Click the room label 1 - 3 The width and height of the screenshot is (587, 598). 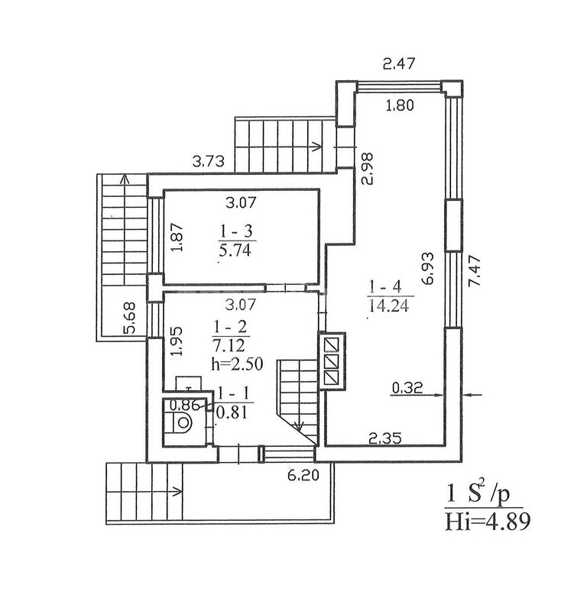click(x=236, y=231)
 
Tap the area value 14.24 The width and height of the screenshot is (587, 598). click(x=389, y=305)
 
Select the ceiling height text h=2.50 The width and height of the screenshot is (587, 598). click(x=237, y=364)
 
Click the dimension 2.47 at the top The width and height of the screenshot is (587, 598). click(x=399, y=63)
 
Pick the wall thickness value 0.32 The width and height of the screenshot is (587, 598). click(x=407, y=388)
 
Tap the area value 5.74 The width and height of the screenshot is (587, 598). click(x=235, y=251)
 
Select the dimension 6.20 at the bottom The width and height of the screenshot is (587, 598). click(x=303, y=475)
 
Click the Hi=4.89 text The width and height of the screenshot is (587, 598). click(x=488, y=522)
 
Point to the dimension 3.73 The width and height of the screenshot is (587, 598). click(x=209, y=162)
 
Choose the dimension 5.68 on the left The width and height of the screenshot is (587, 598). click(x=130, y=318)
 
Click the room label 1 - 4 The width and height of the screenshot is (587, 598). click(x=386, y=286)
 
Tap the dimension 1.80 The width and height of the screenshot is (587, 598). click(x=400, y=105)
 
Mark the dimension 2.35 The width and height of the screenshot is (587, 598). click(x=385, y=438)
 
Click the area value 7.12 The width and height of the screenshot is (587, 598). click(x=229, y=346)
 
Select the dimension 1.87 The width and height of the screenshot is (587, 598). click(x=177, y=237)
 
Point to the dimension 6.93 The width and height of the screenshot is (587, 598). click(x=428, y=268)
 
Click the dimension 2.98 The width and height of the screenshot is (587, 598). click(x=367, y=169)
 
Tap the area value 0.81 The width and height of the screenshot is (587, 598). click(x=232, y=412)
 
